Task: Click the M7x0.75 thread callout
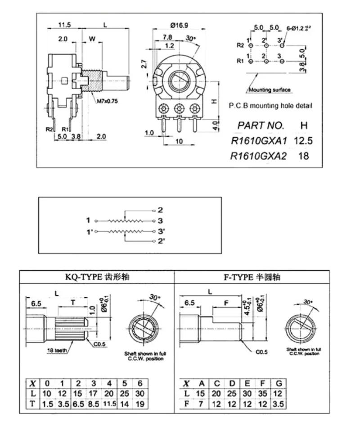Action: pos(107,101)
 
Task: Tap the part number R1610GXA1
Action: pos(258,141)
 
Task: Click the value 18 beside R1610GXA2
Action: pos(303,156)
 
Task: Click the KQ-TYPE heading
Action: pos(97,277)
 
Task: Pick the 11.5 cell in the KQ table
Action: pos(109,404)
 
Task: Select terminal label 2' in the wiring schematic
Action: pos(161,242)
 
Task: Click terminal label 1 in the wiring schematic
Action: pos(89,220)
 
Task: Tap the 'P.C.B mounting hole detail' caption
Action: pos(270,106)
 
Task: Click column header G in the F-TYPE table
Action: pos(279,383)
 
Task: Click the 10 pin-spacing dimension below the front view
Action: pos(179,141)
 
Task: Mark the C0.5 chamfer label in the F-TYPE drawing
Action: pos(262,352)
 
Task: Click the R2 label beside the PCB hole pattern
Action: pos(240,45)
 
